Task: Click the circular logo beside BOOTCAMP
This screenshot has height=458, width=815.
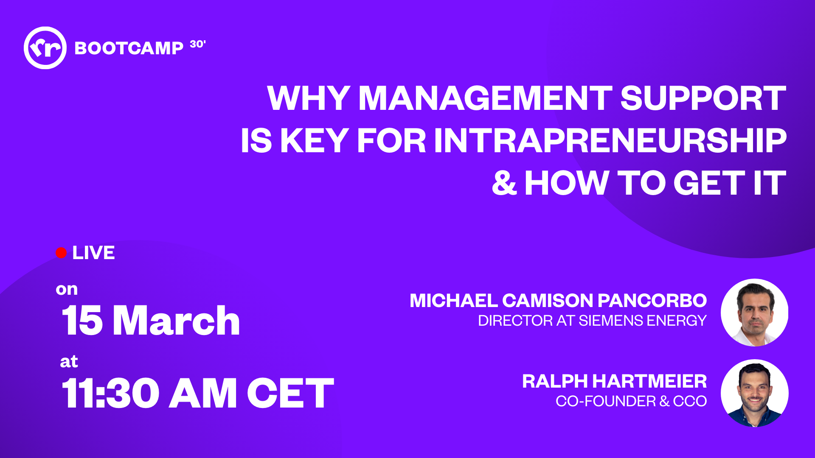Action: coord(45,48)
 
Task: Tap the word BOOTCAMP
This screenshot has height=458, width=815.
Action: coord(129,48)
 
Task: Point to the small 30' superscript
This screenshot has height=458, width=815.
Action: coord(198,44)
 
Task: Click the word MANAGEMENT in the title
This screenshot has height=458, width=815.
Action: coord(486,98)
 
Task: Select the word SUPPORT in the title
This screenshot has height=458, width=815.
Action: coord(703,98)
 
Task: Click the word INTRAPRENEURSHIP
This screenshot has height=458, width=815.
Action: coord(610,141)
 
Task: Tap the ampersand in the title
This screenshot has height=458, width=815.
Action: coord(504,183)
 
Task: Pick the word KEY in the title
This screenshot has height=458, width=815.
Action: coord(315,141)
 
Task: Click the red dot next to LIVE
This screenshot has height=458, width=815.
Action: coord(61,253)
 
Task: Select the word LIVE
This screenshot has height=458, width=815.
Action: coord(93,253)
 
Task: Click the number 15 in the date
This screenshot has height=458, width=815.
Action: coord(82,321)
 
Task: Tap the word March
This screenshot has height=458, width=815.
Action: coord(177,321)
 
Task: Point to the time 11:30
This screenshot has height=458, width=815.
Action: coord(111,394)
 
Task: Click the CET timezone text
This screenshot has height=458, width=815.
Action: coord(291,394)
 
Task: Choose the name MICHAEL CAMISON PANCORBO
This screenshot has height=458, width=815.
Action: coord(558,301)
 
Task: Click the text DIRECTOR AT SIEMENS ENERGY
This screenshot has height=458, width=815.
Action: coord(592,321)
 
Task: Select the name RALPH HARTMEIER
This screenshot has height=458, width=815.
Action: coord(615,381)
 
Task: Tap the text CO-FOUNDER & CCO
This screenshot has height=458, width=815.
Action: coord(631,401)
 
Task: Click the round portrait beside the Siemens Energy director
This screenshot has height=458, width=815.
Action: coord(755,313)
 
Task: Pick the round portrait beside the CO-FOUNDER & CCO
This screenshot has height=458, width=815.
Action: coord(755,393)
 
